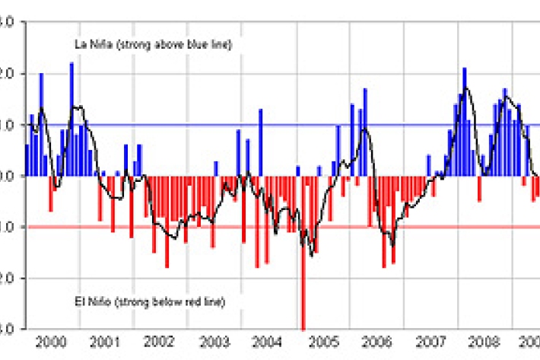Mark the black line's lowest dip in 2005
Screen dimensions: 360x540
[x=311, y=255]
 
